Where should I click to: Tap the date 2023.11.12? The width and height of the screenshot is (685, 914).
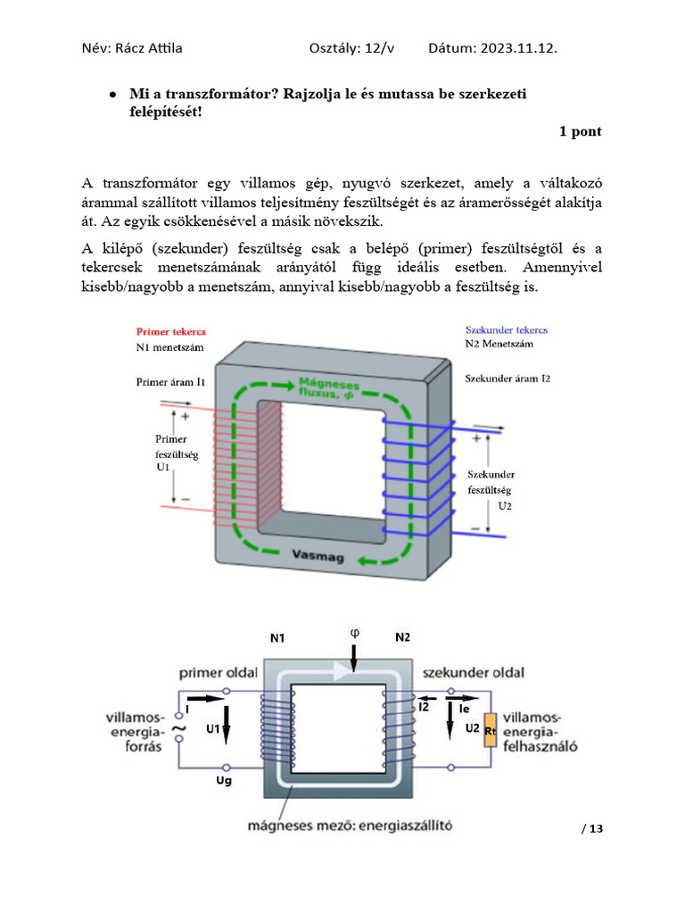[x=513, y=48]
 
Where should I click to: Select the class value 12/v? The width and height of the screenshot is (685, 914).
[x=376, y=48]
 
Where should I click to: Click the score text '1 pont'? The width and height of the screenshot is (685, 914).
[x=580, y=131]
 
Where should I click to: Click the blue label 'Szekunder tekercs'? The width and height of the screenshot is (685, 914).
[x=507, y=329]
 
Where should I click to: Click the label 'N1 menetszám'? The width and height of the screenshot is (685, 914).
[x=171, y=346]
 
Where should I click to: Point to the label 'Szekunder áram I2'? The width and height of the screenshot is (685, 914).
[x=508, y=378]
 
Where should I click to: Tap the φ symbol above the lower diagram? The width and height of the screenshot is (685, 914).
[x=353, y=633]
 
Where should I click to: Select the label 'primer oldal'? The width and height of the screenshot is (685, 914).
[x=218, y=672]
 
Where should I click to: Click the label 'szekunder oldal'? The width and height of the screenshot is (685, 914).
[x=473, y=672]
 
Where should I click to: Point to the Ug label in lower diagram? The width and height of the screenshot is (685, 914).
[x=224, y=782]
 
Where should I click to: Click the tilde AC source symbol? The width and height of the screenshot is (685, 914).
[x=177, y=729]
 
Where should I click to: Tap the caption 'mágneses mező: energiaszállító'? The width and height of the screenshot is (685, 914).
[x=350, y=826]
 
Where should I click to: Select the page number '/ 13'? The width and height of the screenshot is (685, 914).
[x=592, y=829]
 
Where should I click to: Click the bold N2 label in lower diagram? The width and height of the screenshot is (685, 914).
[x=403, y=637]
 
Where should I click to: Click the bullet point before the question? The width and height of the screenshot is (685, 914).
[x=112, y=94]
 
